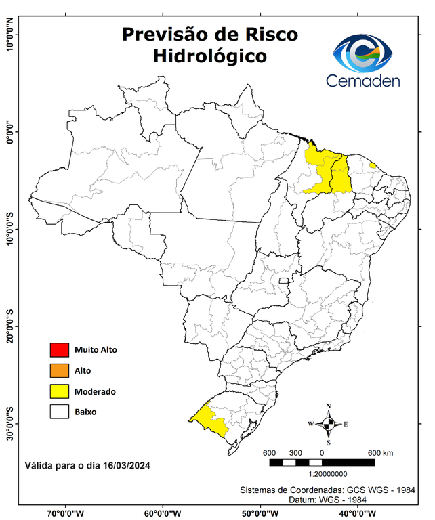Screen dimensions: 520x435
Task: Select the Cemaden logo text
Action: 363,81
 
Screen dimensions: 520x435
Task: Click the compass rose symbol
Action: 328,424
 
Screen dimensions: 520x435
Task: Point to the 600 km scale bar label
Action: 380,452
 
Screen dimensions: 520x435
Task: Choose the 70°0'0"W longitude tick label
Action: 66,513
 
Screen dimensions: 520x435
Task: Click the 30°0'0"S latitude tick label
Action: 9,423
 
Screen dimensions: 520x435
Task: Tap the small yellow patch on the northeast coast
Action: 373,165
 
